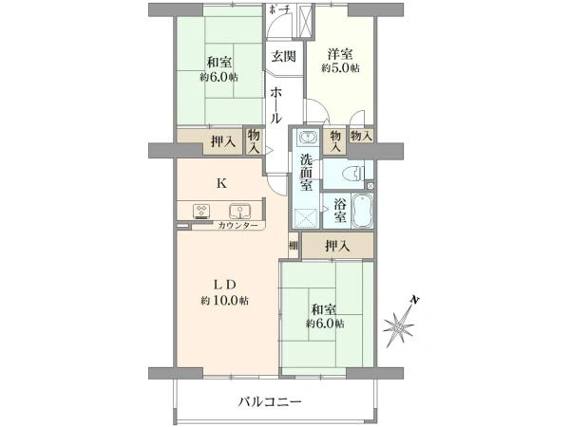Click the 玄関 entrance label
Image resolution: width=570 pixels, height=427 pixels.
coord(282,56)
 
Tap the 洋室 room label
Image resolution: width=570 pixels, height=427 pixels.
coord(341,53)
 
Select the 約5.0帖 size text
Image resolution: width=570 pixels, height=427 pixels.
coord(341,68)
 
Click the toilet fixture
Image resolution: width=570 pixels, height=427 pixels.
coord(351,174)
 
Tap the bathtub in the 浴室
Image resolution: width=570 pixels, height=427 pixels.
coord(363,212)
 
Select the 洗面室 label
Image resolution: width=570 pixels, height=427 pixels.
coord(307,172)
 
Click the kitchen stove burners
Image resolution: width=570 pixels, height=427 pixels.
coord(202,211)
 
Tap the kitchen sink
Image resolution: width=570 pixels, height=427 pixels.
coord(238,211)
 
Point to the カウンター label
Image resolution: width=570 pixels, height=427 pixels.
coord(237,226)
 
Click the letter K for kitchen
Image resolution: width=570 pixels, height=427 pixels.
coord(220,183)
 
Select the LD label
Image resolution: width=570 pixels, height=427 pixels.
coord(224,284)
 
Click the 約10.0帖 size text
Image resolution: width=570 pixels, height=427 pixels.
coord(224,300)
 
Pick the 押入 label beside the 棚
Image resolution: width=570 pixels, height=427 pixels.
coord(337,246)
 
